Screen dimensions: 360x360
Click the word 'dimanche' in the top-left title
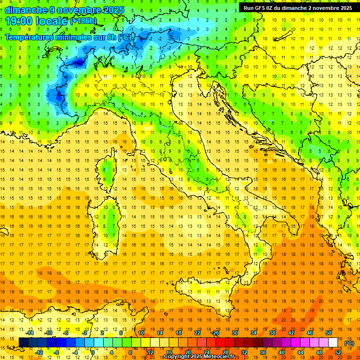click(x=24, y=9)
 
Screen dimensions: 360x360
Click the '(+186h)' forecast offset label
click(x=83, y=21)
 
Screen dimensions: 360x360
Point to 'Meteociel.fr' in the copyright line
click(x=222, y=357)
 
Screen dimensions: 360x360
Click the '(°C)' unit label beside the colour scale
click(x=349, y=343)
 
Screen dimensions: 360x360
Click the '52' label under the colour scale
click(x=338, y=352)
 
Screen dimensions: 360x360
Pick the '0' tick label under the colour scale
click(x=93, y=352)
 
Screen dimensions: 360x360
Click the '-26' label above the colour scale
click(x=215, y=333)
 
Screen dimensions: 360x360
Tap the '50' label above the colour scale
click(x=329, y=333)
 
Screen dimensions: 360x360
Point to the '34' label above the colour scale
click(x=254, y=333)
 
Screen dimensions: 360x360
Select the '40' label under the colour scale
click(x=282, y=352)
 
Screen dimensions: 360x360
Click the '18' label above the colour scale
click(x=179, y=333)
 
